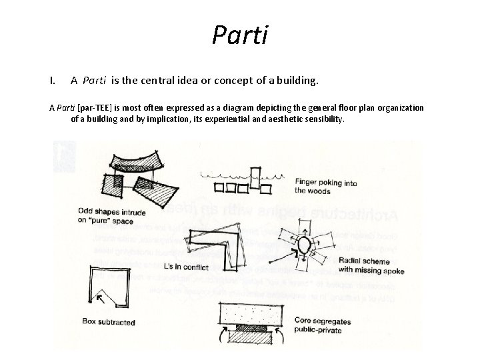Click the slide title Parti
point(240,34)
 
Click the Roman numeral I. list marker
point(53,81)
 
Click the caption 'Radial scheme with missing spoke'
point(371,265)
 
